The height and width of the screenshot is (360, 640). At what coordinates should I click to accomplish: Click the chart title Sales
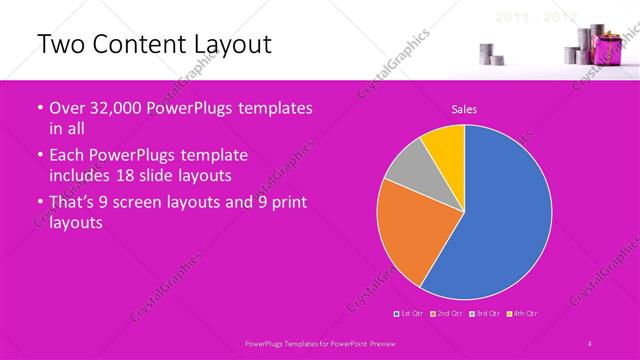[x=464, y=109]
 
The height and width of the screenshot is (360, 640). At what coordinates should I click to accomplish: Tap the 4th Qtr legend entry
[x=521, y=314]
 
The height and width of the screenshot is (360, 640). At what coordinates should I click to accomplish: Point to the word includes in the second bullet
[x=82, y=175]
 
